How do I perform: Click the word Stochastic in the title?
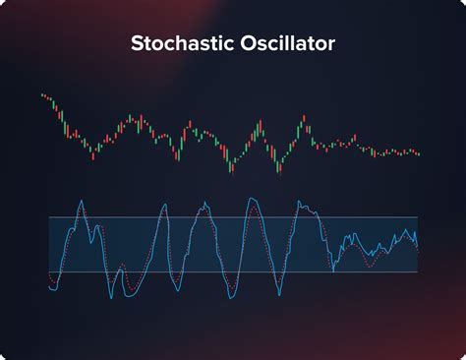(x=180, y=44)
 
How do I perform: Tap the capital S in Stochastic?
(x=138, y=44)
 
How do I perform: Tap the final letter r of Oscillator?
(x=330, y=45)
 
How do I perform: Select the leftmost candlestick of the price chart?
(x=42, y=95)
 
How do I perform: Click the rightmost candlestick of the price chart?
(x=419, y=153)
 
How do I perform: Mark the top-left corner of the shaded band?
(x=49, y=217)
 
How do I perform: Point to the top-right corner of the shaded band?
(x=418, y=217)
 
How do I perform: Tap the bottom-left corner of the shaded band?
(x=49, y=272)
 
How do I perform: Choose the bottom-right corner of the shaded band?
(x=418, y=272)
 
